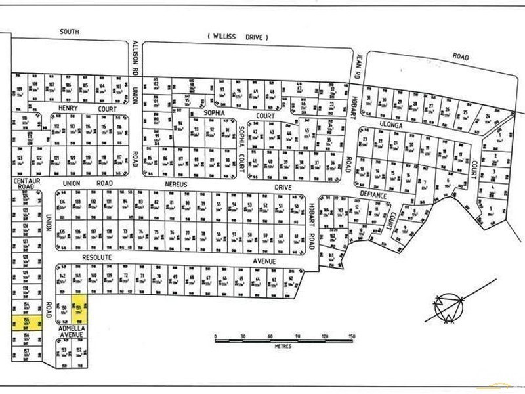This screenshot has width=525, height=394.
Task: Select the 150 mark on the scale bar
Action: coord(352,335)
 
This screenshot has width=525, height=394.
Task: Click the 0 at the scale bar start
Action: coord(216,335)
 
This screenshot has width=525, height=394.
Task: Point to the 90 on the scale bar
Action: coord(297,335)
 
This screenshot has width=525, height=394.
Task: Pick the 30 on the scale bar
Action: coord(243,335)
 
